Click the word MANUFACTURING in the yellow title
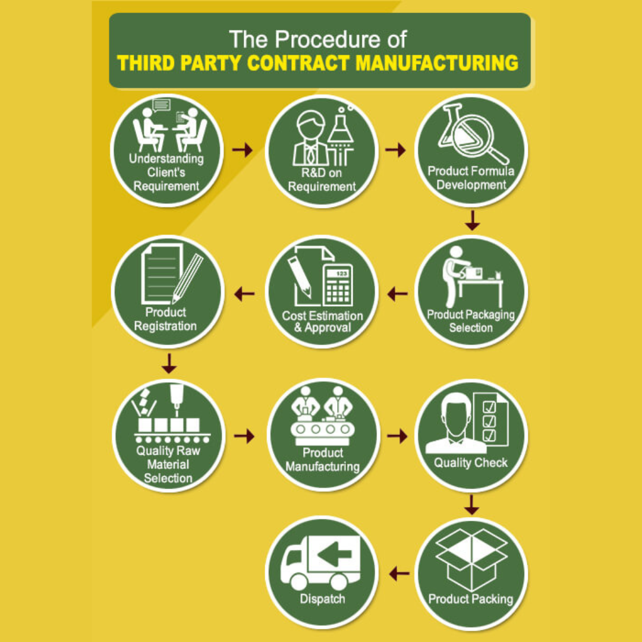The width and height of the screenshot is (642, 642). coord(437,63)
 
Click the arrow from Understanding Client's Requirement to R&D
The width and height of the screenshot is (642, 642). coord(243,150)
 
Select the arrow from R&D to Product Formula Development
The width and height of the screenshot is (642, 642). coord(395,150)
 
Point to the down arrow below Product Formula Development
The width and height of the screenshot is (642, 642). coord(473,221)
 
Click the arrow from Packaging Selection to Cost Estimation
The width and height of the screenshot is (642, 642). coord(397,294)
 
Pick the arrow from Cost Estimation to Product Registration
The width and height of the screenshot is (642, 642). coord(244,294)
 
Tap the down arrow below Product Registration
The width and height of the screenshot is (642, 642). coord(169,364)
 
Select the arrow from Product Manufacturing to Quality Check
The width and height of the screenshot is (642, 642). coord(397,436)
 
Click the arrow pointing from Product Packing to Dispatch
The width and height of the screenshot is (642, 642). coord(399,574)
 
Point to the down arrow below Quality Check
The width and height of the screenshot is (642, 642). coord(471,505)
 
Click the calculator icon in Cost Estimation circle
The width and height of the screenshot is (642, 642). coord(338,285)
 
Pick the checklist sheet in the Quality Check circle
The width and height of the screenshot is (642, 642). coord(490,419)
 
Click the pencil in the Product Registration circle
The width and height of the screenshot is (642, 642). coord(187,279)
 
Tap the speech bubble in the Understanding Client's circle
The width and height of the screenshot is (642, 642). coord(161,105)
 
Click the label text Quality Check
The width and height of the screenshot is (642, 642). coord(471,462)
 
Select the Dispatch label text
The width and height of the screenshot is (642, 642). coord(322,599)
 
